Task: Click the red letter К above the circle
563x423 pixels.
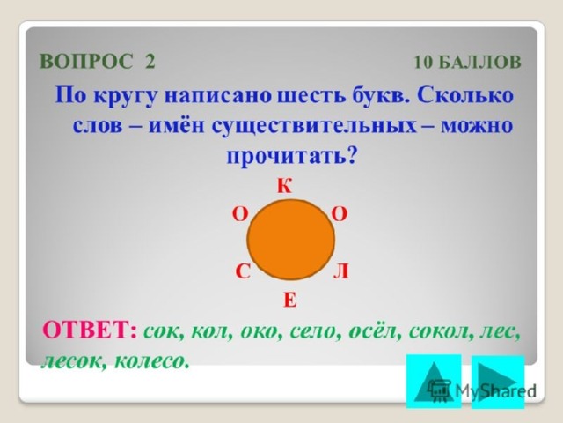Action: click(x=285, y=186)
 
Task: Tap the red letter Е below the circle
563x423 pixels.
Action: click(x=290, y=300)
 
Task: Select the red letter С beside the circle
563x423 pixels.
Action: click(x=243, y=271)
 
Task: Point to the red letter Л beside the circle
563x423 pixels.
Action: click(x=340, y=271)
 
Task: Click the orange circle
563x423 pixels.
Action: click(x=290, y=240)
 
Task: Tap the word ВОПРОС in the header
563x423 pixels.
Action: click(x=86, y=61)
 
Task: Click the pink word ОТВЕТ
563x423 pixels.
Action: click(x=86, y=329)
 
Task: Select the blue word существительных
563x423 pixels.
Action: click(x=313, y=127)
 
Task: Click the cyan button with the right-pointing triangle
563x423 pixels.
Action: click(x=498, y=382)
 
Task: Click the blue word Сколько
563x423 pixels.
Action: click(x=465, y=95)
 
